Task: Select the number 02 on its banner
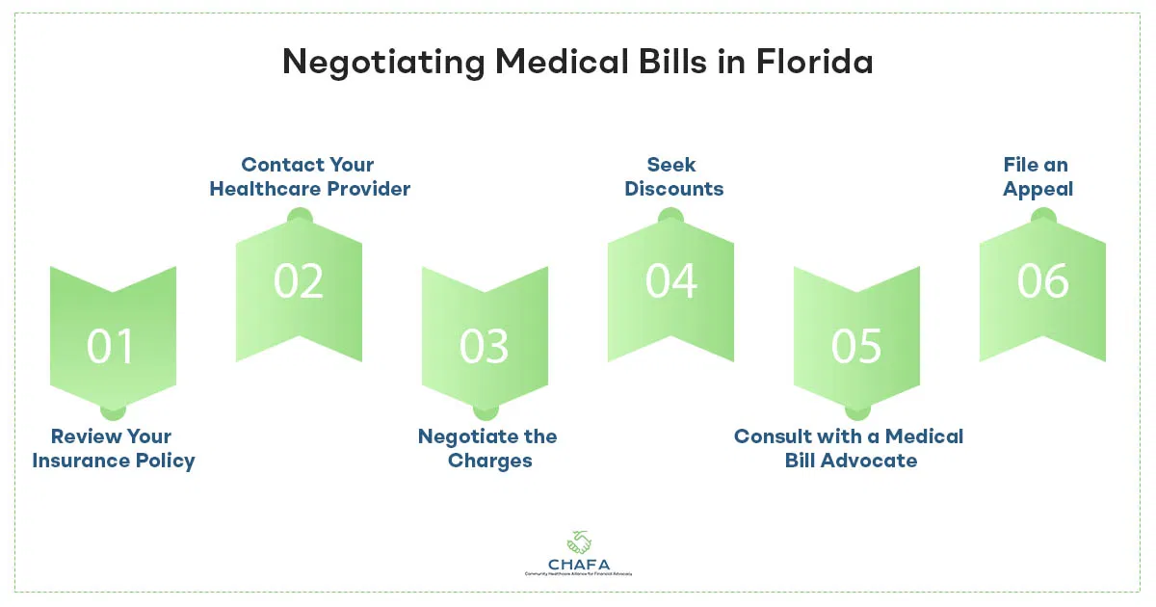298,280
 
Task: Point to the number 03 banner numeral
484,347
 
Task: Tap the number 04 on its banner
670,280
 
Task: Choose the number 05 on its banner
856,347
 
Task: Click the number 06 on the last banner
1043,280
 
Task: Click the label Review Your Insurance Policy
113,449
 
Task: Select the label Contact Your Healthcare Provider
309,176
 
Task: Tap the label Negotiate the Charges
488,449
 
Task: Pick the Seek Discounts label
673,176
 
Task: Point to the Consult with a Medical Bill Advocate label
850,449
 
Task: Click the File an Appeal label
1037,176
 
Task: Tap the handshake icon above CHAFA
578,540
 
